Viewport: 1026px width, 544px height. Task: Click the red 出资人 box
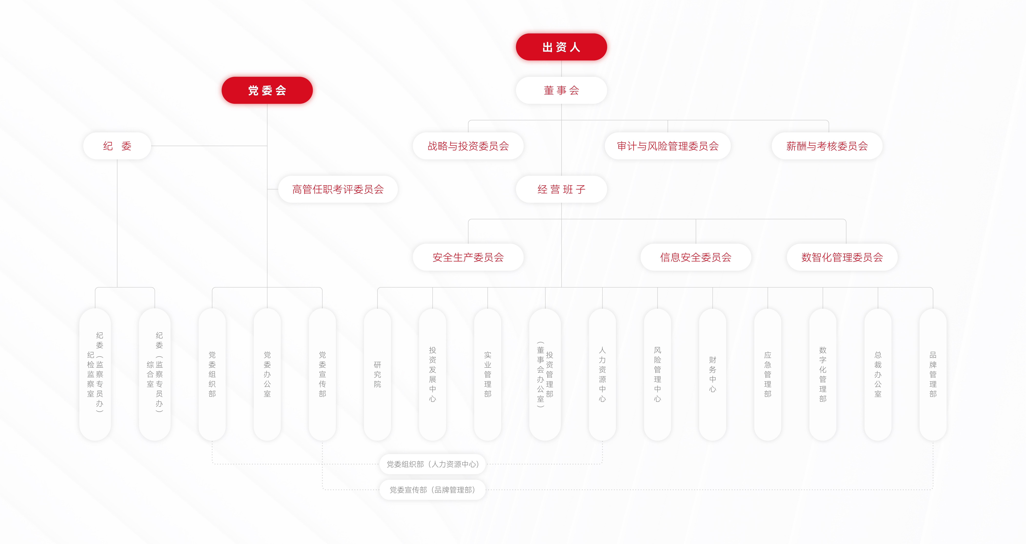click(x=561, y=47)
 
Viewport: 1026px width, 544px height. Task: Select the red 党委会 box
click(x=267, y=90)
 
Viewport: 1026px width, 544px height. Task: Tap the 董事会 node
click(x=561, y=90)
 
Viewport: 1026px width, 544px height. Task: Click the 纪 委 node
click(x=117, y=146)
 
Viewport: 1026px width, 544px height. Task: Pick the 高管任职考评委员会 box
click(x=338, y=189)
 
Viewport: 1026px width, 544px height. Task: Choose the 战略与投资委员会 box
click(x=468, y=146)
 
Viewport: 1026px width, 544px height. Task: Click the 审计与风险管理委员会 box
click(x=668, y=146)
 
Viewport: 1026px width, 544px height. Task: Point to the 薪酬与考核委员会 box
click(x=827, y=146)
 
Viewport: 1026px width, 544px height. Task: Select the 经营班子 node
click(x=561, y=189)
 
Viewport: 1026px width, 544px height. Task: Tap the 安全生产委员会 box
click(x=468, y=257)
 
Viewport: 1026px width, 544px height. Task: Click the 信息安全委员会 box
click(x=696, y=257)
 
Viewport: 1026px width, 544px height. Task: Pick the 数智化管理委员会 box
click(x=842, y=257)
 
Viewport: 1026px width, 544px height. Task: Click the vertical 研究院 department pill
click(x=377, y=374)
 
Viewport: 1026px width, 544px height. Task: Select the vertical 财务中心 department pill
click(x=713, y=374)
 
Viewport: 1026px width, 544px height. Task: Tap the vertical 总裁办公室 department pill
click(x=878, y=374)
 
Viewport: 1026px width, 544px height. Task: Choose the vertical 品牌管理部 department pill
click(x=933, y=374)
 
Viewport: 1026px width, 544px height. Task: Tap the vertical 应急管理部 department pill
click(x=767, y=374)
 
